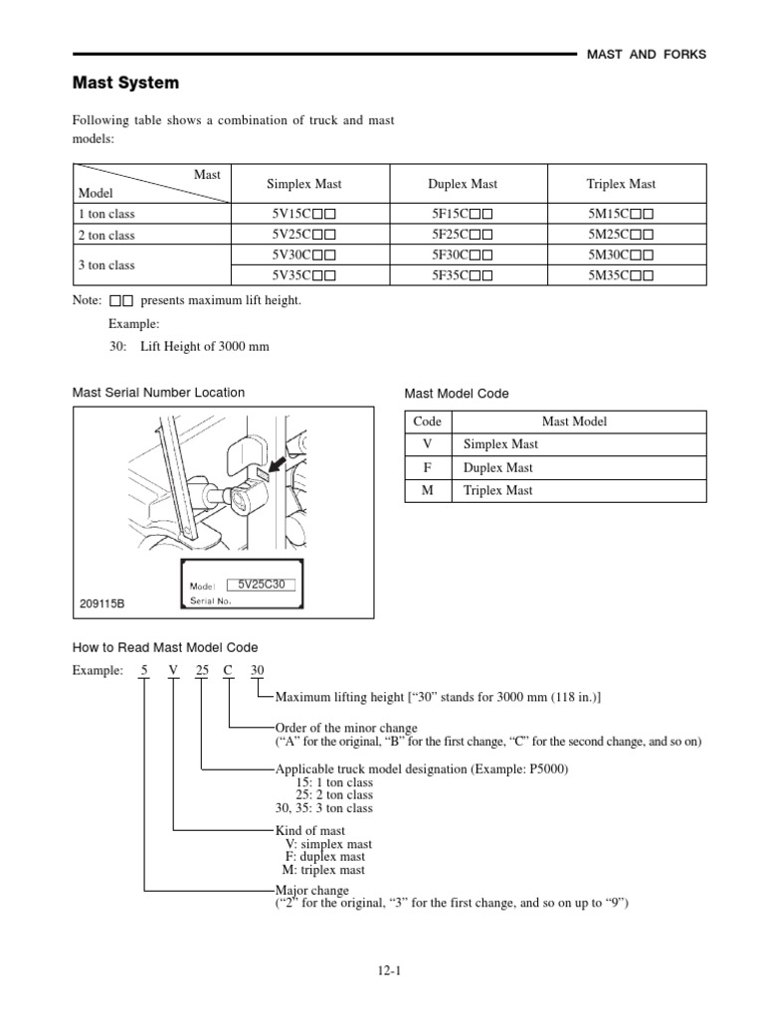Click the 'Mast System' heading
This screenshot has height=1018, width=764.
(125, 83)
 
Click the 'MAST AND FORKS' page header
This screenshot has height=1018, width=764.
(647, 55)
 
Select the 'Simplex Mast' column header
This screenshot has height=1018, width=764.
(303, 184)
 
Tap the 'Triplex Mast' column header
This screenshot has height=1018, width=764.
(622, 184)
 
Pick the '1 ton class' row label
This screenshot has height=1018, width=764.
(106, 214)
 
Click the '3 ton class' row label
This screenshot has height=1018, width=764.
(106, 265)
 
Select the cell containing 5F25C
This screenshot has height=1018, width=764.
(463, 236)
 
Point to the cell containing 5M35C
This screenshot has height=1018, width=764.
(622, 275)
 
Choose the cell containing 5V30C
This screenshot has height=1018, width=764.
(303, 255)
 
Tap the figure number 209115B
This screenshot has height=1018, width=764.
(102, 603)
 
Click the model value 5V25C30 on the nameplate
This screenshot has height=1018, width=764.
(262, 585)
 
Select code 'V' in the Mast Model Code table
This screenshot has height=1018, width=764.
(427, 444)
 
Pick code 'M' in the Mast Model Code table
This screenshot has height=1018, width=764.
(427, 490)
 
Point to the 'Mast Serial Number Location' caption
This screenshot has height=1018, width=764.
(158, 393)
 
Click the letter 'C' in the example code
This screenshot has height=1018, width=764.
(228, 670)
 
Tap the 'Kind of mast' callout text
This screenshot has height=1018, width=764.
(309, 830)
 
